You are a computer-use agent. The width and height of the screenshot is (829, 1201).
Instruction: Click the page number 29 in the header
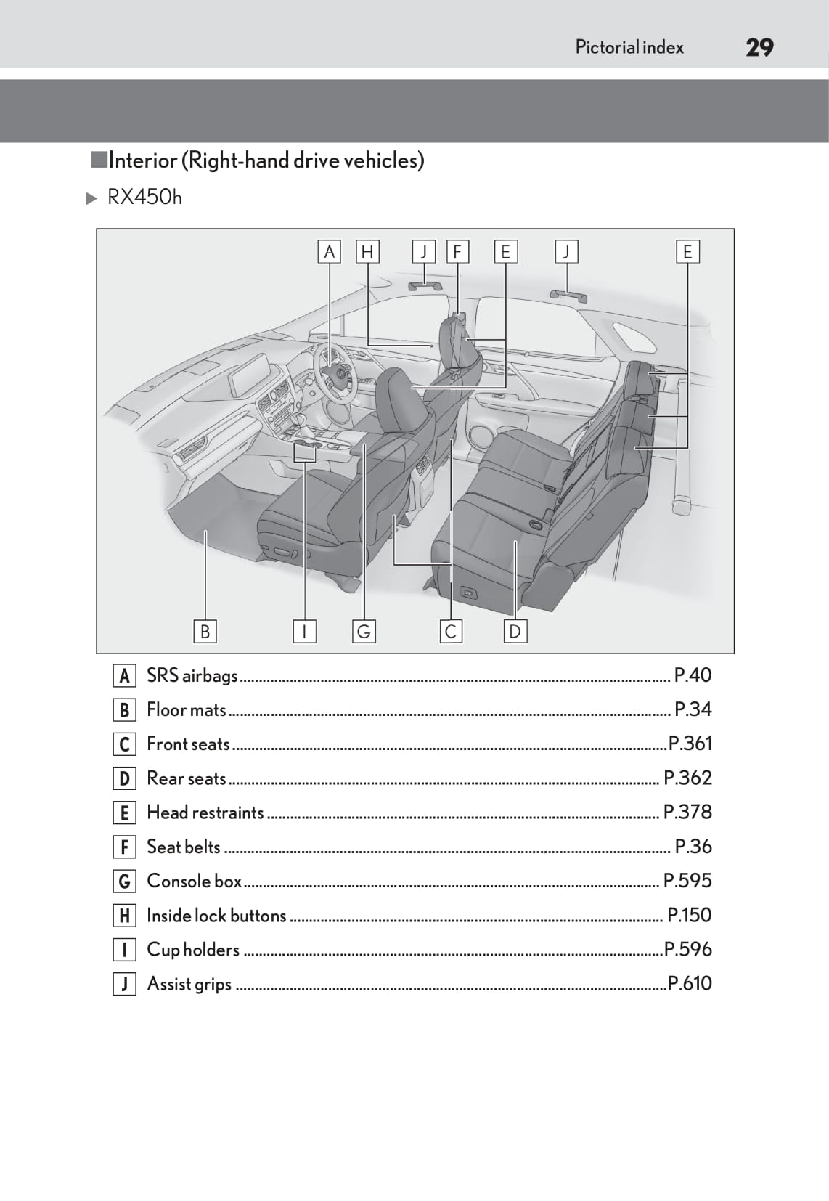pyautogui.click(x=759, y=48)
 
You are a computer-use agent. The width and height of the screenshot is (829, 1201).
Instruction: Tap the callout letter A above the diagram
pyautogui.click(x=330, y=252)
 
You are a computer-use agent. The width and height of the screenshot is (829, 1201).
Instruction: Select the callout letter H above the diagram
pyautogui.click(x=367, y=252)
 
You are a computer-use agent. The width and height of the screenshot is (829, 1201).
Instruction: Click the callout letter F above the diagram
pyautogui.click(x=457, y=252)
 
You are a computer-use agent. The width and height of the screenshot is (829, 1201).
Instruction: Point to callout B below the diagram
pyautogui.click(x=205, y=631)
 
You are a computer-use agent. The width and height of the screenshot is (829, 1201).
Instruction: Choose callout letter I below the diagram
pyautogui.click(x=304, y=631)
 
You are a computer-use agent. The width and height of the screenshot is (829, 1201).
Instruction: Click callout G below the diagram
pyautogui.click(x=364, y=631)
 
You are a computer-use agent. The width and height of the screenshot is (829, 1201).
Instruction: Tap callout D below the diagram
pyautogui.click(x=515, y=631)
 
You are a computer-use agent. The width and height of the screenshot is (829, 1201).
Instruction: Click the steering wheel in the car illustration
pyautogui.click(x=335, y=372)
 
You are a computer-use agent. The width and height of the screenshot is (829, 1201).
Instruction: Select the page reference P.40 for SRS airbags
pyautogui.click(x=693, y=675)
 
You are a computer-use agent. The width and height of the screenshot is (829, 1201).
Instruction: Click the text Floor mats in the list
pyautogui.click(x=186, y=709)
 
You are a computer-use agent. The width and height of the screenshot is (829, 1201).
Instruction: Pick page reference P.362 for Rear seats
pyautogui.click(x=687, y=778)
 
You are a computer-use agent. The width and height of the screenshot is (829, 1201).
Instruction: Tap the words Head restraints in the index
pyautogui.click(x=205, y=813)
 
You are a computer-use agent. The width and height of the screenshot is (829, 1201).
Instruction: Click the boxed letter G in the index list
pyautogui.click(x=124, y=882)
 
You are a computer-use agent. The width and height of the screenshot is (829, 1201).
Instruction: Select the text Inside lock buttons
pyautogui.click(x=216, y=916)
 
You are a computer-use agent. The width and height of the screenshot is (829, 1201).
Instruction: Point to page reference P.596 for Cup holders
pyautogui.click(x=687, y=949)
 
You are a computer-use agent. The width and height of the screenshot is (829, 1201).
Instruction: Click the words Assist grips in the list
pyautogui.click(x=189, y=984)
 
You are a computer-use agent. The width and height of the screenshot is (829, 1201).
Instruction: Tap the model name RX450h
pyautogui.click(x=144, y=198)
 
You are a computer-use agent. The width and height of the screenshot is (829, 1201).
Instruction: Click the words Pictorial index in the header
pyautogui.click(x=629, y=48)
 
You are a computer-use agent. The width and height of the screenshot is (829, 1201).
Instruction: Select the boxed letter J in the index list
pyautogui.click(x=124, y=985)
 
